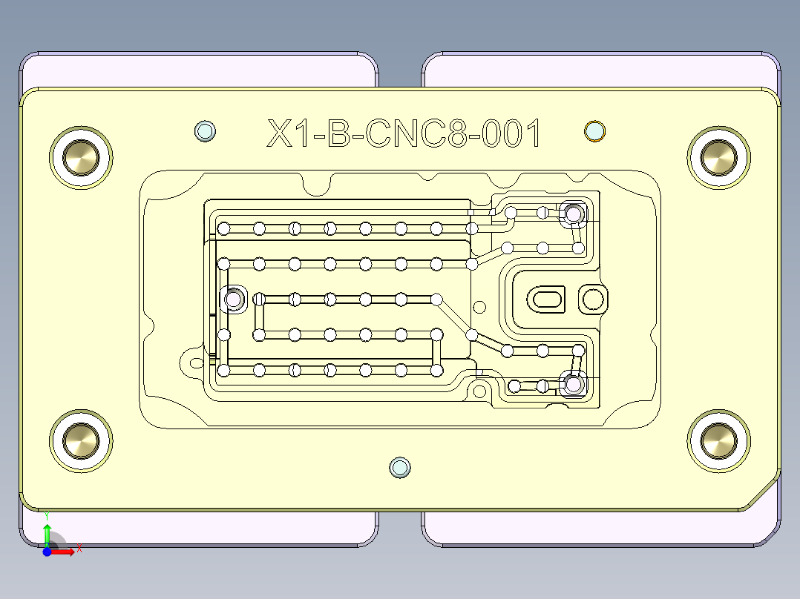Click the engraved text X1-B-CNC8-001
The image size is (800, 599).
[x=404, y=134]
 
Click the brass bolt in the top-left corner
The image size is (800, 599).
[x=81, y=158]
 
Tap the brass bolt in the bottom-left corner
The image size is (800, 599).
[x=81, y=440]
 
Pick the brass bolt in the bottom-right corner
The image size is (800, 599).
[x=718, y=440]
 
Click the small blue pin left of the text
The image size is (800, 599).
[x=205, y=131]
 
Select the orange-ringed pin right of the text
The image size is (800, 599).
[x=594, y=131]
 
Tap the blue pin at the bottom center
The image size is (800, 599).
[x=400, y=467]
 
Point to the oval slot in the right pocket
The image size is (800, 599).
[x=547, y=299]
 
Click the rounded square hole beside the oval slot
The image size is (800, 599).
[x=593, y=299]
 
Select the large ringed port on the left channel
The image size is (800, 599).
[x=234, y=299]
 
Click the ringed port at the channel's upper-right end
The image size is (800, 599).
[x=573, y=215]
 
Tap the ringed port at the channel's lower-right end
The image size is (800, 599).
[x=573, y=384]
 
